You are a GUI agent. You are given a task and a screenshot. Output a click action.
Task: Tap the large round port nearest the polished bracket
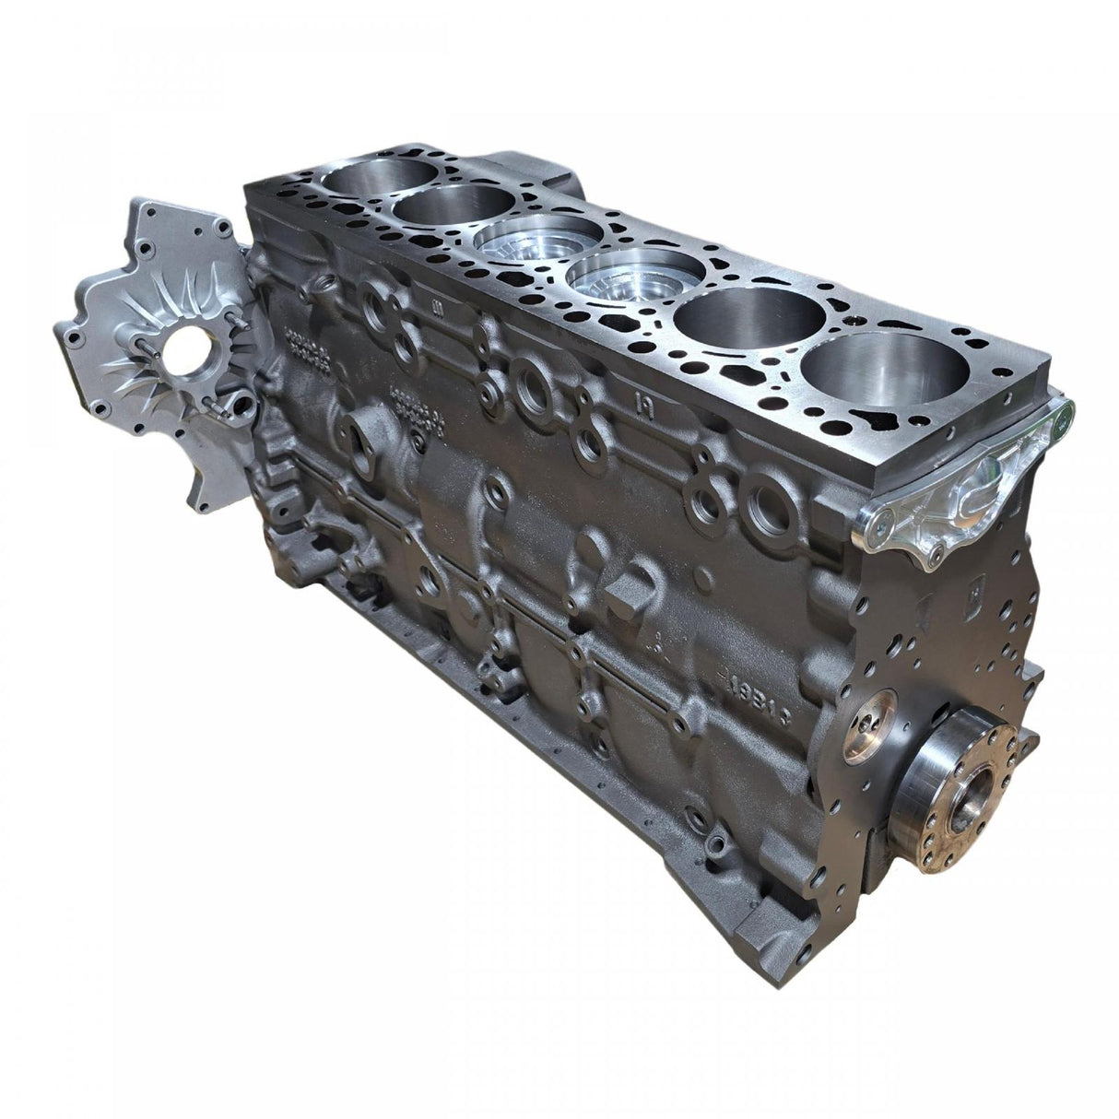point(768,499)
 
